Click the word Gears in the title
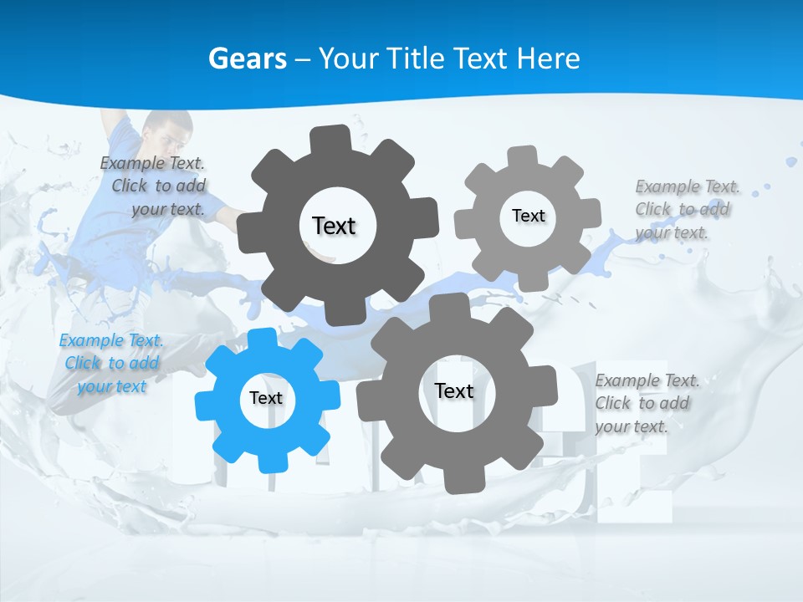[x=248, y=59]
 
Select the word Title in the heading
[x=415, y=59]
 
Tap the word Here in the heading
[x=548, y=59]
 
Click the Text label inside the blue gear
[x=266, y=399]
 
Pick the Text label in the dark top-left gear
[x=334, y=226]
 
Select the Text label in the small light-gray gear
[x=528, y=216]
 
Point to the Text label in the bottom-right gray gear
[x=454, y=390]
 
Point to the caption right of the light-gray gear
[x=686, y=209]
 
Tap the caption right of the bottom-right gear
[x=647, y=403]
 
